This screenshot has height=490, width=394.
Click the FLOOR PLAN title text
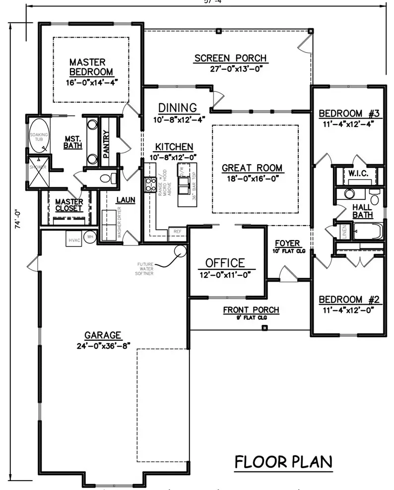[283, 462]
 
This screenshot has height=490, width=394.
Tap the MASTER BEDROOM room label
[87, 67]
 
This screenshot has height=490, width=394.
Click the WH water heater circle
[90, 237]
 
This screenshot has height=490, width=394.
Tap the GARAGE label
[103, 335]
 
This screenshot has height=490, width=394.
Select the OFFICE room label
[225, 263]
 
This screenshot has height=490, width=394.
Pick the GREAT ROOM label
[252, 168]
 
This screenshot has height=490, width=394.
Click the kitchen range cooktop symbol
[149, 185]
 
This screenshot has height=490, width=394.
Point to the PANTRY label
[106, 144]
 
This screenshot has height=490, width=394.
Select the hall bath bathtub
[367, 231]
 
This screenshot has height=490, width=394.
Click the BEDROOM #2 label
[349, 300]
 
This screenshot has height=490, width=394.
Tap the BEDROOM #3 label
[349, 113]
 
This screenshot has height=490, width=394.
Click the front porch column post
[264, 327]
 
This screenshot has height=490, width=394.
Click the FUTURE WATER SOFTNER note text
[154, 270]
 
